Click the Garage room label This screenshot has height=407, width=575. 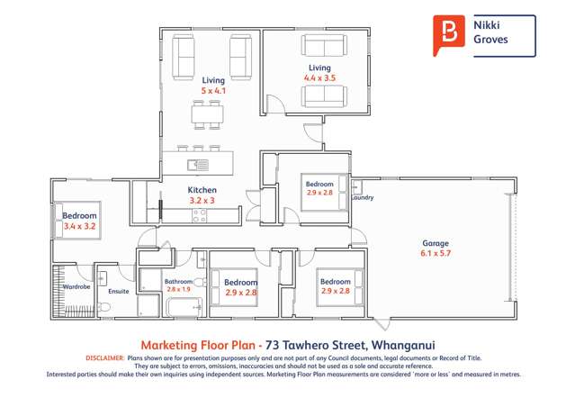[x=436, y=243]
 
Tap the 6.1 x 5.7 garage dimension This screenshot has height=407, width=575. [x=436, y=254]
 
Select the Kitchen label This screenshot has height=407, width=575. [x=202, y=190]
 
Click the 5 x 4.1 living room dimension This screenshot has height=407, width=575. [x=212, y=91]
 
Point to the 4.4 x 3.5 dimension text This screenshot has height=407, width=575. [x=319, y=78]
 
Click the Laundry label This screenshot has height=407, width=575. [x=364, y=197]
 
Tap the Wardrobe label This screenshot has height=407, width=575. [x=76, y=287]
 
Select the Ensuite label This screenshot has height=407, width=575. [x=119, y=292]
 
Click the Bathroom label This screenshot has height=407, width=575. [x=178, y=282]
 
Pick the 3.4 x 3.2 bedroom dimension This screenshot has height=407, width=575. [x=79, y=227]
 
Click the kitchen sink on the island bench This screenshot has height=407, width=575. [x=198, y=164]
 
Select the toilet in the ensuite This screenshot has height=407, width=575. [x=104, y=306]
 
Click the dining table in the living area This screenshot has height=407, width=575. [x=206, y=114]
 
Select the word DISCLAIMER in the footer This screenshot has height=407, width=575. [x=104, y=357]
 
